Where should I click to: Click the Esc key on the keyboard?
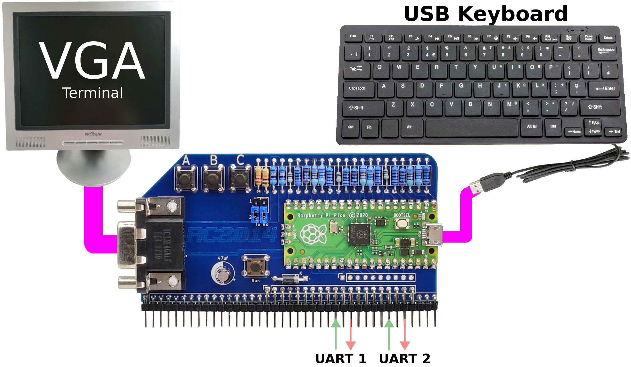pyautogui.click(x=353, y=37)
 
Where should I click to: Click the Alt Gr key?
pyautogui.click(x=532, y=127)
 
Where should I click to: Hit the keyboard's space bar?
pyautogui.click(x=471, y=128)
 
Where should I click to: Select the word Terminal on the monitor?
pyautogui.click(x=93, y=93)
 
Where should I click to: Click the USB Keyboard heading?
pyautogui.click(x=485, y=14)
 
